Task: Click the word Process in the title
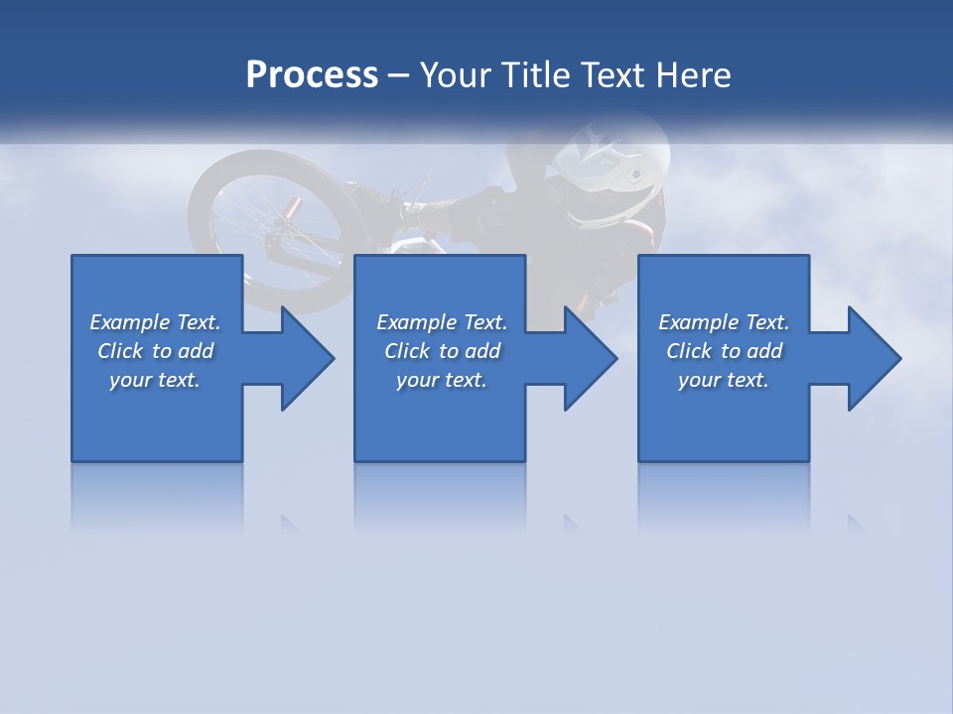point(312,75)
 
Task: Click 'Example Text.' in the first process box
point(155,322)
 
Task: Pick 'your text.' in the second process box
point(441,380)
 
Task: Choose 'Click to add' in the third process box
point(724,351)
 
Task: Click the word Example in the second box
point(416,322)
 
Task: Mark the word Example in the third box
point(698,322)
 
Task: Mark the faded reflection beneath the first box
point(157,496)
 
